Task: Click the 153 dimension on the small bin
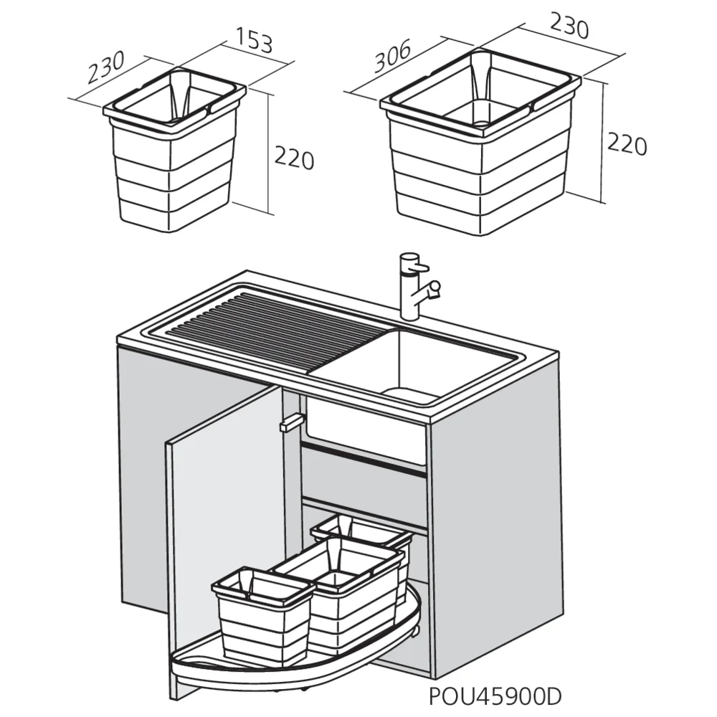tap(254, 43)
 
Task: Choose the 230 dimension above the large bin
tap(569, 27)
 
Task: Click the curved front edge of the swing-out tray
tap(287, 670)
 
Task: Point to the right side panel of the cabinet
tap(495, 516)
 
